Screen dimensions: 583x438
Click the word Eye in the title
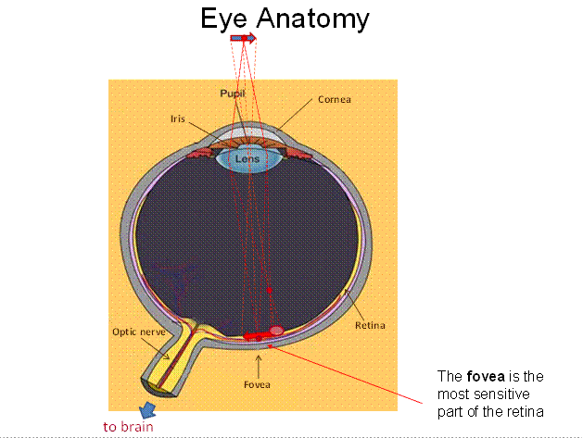tap(223, 19)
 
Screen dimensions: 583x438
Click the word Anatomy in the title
tap(312, 19)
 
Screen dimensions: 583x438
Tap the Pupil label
tap(233, 94)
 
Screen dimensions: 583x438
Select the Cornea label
tap(335, 99)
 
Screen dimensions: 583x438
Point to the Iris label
tap(178, 119)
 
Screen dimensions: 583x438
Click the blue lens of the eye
tap(248, 160)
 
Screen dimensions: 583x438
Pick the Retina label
tap(370, 325)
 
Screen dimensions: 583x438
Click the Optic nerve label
tap(139, 332)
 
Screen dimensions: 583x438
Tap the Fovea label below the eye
tap(257, 384)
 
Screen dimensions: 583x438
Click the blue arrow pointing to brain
tap(147, 410)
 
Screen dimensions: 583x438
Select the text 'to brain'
tap(128, 427)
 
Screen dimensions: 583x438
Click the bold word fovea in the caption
tap(486, 376)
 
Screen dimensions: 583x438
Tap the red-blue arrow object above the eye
tap(243, 38)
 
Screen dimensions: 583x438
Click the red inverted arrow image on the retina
tap(257, 336)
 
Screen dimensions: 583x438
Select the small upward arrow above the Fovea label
tap(259, 367)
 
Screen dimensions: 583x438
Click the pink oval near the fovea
tap(276, 331)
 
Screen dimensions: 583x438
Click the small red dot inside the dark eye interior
tap(270, 290)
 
